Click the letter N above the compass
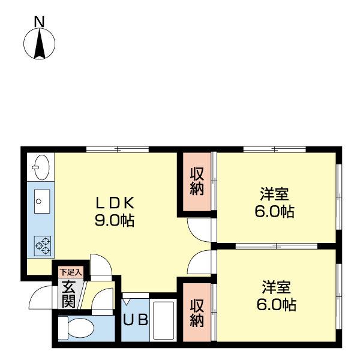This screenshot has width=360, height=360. [39, 22]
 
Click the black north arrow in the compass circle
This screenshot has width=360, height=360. [40, 43]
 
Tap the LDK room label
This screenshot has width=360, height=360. [115, 203]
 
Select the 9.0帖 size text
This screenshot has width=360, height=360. [115, 221]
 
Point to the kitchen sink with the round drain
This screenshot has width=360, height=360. [42, 202]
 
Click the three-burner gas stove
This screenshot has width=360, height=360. [43, 245]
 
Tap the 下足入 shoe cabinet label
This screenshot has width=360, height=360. [71, 272]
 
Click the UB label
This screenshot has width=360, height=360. [136, 320]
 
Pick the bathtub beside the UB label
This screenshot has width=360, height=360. [163, 320]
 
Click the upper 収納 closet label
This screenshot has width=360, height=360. [197, 181]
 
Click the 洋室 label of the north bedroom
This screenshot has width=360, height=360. [274, 194]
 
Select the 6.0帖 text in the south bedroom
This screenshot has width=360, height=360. [277, 305]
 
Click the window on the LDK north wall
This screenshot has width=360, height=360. [118, 149]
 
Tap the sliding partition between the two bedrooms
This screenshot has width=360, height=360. [277, 246]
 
